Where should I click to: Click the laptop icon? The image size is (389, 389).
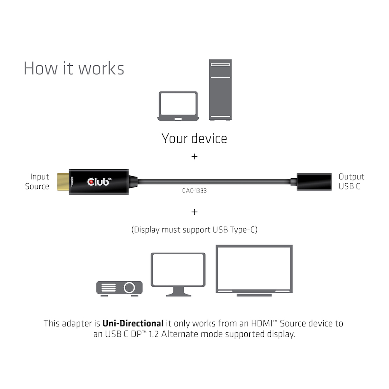pyautogui.click(x=178, y=106)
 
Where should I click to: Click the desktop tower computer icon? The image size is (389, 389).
pyautogui.click(x=220, y=89)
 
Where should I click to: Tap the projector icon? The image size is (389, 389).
pyautogui.click(x=119, y=287)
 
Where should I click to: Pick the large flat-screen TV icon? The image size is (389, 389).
pyautogui.click(x=254, y=270)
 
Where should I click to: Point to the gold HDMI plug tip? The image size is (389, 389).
pyautogui.click(x=63, y=181)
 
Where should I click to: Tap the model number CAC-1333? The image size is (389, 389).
pyautogui.click(x=194, y=191)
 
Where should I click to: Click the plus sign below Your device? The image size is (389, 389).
pyautogui.click(x=194, y=156)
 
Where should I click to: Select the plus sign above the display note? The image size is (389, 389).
pyautogui.click(x=194, y=212)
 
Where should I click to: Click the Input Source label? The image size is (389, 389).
pyautogui.click(x=37, y=182)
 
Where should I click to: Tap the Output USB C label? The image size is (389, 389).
pyautogui.click(x=351, y=182)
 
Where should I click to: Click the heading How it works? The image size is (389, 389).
pyautogui.click(x=74, y=68)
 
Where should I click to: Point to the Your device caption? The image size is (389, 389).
pyautogui.click(x=194, y=138)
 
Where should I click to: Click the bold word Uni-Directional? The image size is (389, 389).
pyautogui.click(x=133, y=323)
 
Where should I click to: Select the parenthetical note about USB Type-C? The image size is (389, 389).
pyautogui.click(x=194, y=230)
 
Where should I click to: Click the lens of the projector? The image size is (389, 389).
pyautogui.click(x=129, y=287)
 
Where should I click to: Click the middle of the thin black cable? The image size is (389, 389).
pyautogui.click(x=214, y=181)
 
